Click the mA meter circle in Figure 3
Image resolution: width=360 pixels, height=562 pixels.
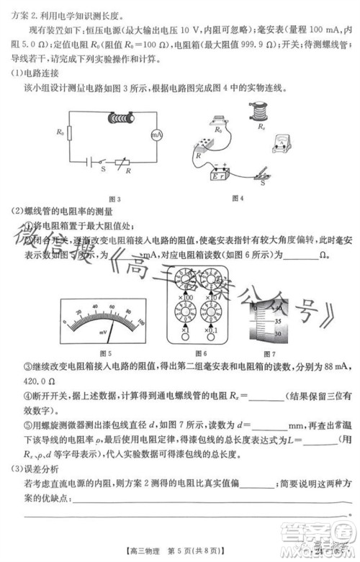point(153,135)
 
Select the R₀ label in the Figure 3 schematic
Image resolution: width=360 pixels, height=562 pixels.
point(59,132)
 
